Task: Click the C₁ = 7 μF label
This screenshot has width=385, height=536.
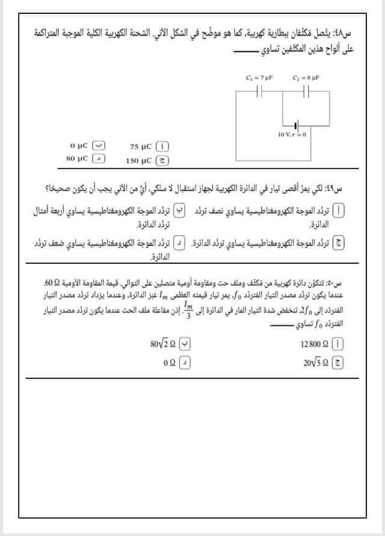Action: pyautogui.click(x=259, y=78)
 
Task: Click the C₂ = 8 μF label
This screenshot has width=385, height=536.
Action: pyautogui.click(x=306, y=78)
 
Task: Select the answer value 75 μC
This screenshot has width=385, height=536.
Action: pyautogui.click(x=141, y=146)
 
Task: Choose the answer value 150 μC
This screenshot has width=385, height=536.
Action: pyautogui.click(x=140, y=160)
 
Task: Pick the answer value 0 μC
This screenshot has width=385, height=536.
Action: pyautogui.click(x=79, y=146)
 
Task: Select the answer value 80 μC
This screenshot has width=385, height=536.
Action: pyautogui.click(x=78, y=159)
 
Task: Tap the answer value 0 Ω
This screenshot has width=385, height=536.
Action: pyautogui.click(x=170, y=363)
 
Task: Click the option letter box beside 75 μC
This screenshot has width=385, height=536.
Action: pyautogui.click(x=162, y=146)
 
